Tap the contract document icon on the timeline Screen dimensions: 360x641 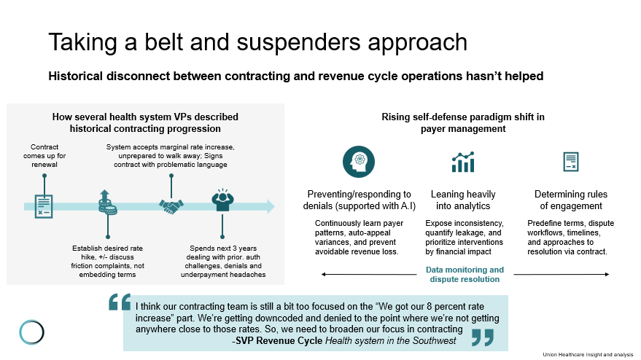click(x=44, y=206)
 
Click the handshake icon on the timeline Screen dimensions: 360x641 click(x=171, y=207)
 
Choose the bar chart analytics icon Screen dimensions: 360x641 click(x=463, y=162)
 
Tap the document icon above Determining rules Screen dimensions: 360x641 click(x=570, y=162)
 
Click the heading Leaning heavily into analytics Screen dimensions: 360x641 click(x=463, y=200)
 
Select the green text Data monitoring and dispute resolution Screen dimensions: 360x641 click(x=465, y=274)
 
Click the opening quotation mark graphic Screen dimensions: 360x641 click(x=119, y=302)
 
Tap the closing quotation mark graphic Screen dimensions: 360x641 click(x=482, y=337)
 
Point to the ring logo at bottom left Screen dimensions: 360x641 click(x=32, y=332)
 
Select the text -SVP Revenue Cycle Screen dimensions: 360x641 click(x=276, y=340)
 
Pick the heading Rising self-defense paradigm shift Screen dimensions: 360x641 click(x=463, y=122)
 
